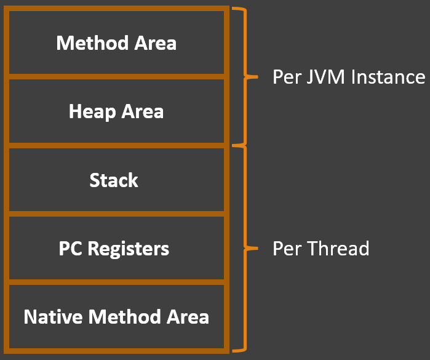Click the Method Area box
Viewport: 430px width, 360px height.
[x=116, y=43]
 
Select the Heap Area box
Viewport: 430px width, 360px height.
[x=116, y=111]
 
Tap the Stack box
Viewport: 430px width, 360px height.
[x=116, y=180]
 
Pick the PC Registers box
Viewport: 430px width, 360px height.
[x=116, y=249]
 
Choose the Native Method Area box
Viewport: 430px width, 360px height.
[x=116, y=317]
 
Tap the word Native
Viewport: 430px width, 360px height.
[x=54, y=317]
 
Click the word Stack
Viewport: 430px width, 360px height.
[x=114, y=180]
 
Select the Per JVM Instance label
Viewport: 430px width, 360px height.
[x=349, y=78]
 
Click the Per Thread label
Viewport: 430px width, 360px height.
[x=321, y=249]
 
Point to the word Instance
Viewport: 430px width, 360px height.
[x=388, y=78]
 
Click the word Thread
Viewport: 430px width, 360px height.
[x=339, y=249]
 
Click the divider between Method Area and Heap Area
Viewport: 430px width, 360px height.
[x=116, y=77]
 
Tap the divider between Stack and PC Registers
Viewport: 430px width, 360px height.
[x=116, y=214]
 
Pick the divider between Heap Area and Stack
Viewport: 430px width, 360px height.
[x=116, y=146]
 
